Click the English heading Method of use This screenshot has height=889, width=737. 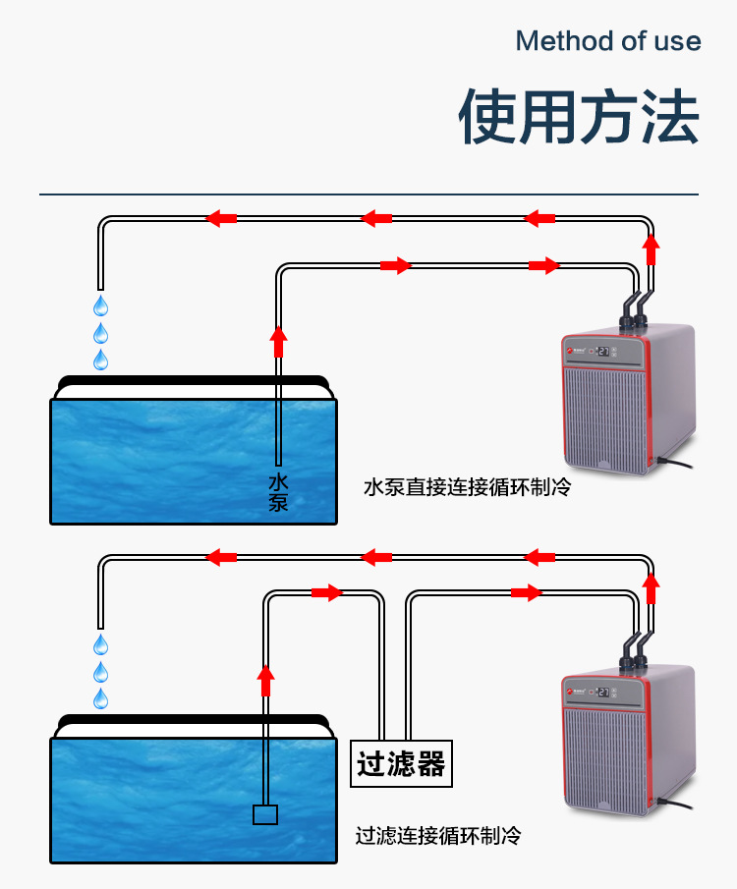click(x=607, y=41)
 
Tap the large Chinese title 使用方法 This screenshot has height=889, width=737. click(x=579, y=118)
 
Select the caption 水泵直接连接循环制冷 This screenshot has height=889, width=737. click(x=467, y=487)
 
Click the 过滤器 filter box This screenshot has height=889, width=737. click(x=401, y=764)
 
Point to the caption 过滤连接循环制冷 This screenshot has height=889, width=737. click(x=437, y=836)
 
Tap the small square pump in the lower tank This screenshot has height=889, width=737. click(x=265, y=814)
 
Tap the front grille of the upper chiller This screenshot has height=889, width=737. click(x=604, y=413)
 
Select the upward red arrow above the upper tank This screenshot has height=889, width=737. click(x=278, y=340)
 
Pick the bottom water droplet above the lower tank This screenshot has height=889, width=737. click(x=100, y=699)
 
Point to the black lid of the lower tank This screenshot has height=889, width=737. click(x=192, y=723)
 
